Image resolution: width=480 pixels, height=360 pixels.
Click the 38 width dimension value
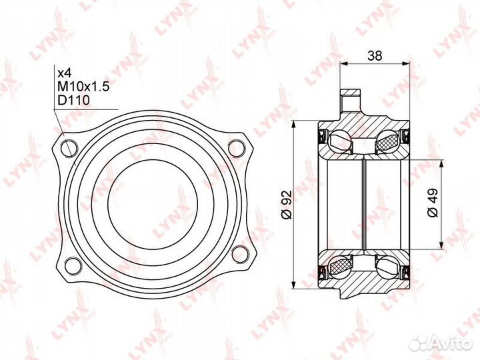pos(375,55)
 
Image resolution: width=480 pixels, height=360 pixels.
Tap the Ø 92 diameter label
pos(287,205)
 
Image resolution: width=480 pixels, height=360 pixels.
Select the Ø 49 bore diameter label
pos(433,203)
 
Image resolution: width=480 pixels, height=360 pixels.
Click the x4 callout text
pos(65,73)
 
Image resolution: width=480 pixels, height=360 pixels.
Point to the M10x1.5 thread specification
pos(83,87)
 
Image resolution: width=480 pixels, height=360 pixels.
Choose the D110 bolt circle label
pos(74,100)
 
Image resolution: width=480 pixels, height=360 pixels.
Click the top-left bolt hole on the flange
pos(69,149)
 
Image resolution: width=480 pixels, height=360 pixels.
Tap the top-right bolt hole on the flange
pos(237,148)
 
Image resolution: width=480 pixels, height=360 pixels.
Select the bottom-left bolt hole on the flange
pos(74,265)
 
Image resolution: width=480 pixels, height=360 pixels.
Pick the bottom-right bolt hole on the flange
pos(240,254)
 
